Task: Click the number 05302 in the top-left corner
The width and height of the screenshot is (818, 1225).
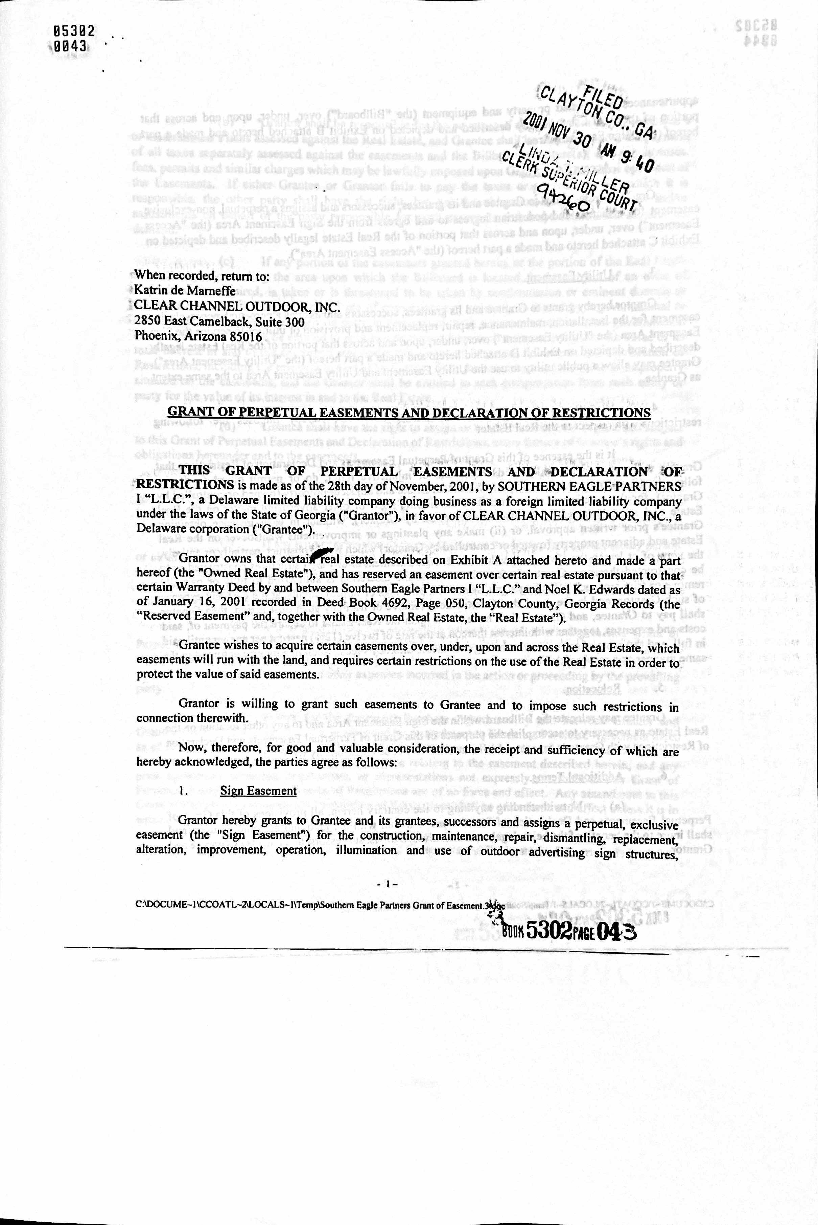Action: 74,31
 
